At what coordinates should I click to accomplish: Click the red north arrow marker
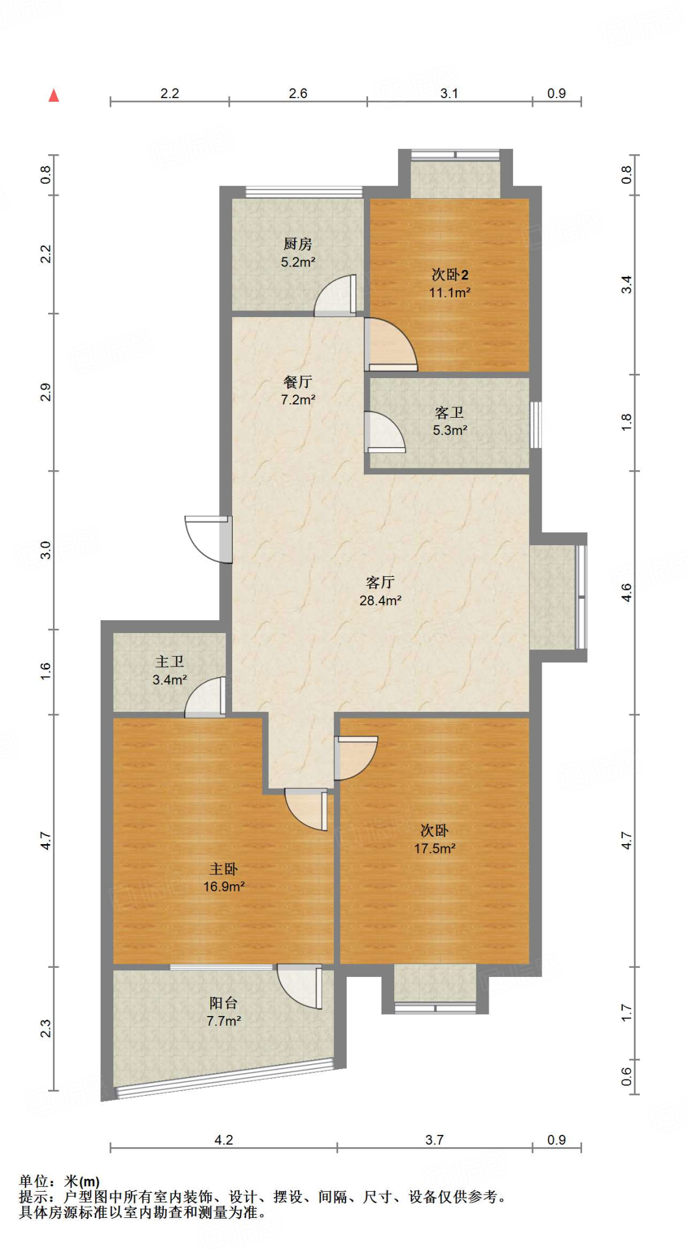click(x=54, y=95)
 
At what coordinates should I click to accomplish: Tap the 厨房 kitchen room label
click(x=297, y=244)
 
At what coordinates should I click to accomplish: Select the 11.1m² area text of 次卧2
click(x=450, y=293)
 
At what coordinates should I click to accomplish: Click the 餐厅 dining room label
click(x=297, y=382)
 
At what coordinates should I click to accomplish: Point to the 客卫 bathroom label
click(x=449, y=413)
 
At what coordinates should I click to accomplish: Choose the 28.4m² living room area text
click(x=380, y=601)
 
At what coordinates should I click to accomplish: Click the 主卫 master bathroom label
click(x=169, y=662)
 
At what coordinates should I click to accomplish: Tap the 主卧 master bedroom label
click(x=224, y=868)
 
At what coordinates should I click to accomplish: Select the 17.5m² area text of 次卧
click(x=435, y=848)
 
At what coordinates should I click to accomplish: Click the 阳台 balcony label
click(x=224, y=1003)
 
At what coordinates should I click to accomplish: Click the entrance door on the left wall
click(x=208, y=539)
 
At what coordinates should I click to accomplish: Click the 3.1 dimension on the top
click(x=449, y=93)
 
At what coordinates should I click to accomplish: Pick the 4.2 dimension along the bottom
click(x=224, y=1140)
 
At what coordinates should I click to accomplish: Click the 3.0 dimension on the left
click(x=46, y=550)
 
